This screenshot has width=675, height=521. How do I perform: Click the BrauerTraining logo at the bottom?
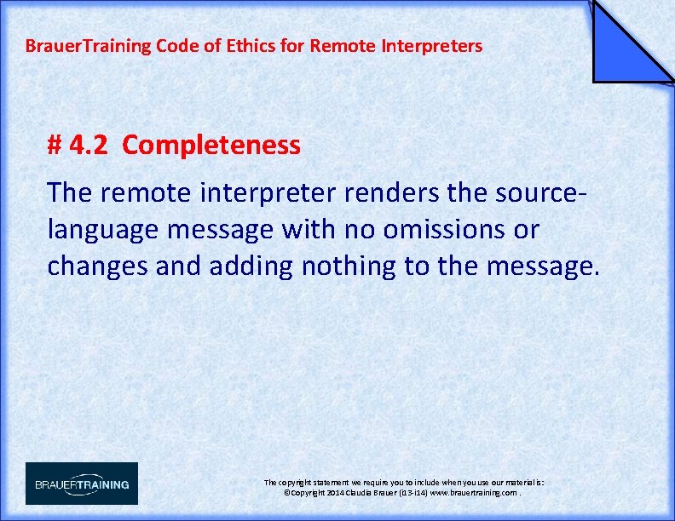click(82, 484)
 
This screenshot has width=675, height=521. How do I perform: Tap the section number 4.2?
click(88, 146)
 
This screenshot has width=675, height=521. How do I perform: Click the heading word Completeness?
click(211, 146)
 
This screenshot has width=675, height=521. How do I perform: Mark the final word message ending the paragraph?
click(542, 266)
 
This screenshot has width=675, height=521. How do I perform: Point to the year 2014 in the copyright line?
click(333, 493)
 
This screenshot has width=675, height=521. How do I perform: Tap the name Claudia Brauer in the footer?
click(375, 493)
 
